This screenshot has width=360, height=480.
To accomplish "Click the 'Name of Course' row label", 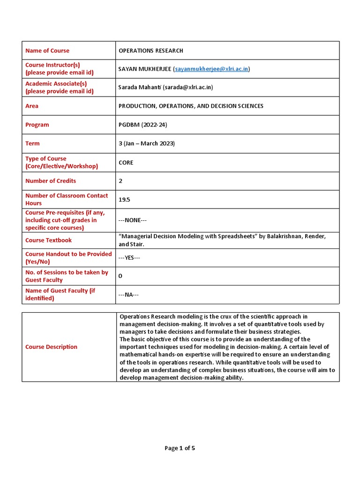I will point(47,51).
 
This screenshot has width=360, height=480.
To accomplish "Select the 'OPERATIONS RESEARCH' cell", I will point(151,51).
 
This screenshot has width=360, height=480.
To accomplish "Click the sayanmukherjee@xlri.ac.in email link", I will point(212,69).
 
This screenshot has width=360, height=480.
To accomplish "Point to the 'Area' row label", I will point(32,106).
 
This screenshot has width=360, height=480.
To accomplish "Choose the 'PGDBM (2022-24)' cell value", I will point(143,125).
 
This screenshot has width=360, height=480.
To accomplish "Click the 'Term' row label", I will point(32,143).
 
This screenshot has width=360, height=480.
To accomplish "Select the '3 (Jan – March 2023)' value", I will point(147,143).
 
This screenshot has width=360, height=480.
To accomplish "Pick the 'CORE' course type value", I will point(126,163).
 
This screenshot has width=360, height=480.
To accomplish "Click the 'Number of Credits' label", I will point(51,181).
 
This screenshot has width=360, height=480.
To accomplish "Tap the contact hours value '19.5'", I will point(124,199).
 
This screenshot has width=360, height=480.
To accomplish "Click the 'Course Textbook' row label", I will point(49,240).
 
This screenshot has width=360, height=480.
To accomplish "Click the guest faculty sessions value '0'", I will point(120,276).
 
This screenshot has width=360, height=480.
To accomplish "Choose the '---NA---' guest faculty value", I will point(128,294).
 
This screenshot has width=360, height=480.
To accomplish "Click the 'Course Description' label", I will point(52,347).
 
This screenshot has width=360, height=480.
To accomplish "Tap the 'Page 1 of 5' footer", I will point(180,448).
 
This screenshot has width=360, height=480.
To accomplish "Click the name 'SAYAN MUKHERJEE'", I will point(145,69).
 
